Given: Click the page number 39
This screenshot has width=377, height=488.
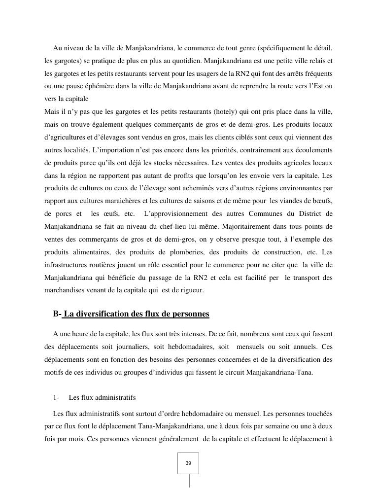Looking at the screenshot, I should click(188, 463).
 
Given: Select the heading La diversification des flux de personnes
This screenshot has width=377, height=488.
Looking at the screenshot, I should click(136, 314).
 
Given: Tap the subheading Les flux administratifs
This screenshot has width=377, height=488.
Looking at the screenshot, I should click(102, 397).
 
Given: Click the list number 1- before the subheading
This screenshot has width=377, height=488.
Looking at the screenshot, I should click(56, 397).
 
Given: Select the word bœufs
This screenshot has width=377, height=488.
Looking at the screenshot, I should click(322, 201).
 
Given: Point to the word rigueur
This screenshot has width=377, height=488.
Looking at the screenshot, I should click(190, 290).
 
